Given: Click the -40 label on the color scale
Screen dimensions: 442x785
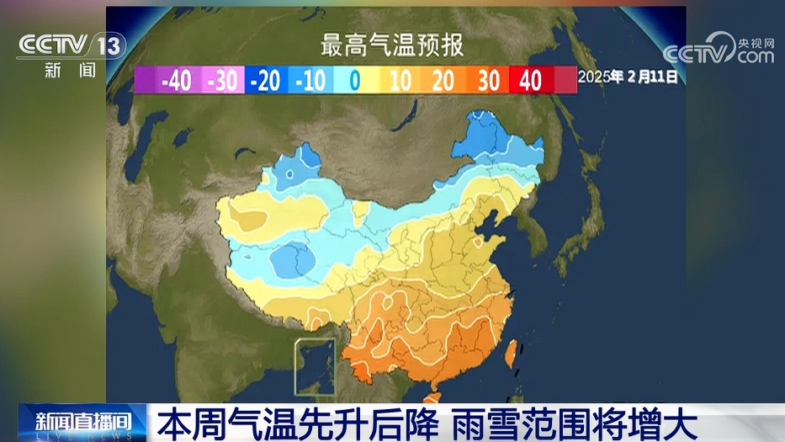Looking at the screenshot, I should click(x=177, y=81).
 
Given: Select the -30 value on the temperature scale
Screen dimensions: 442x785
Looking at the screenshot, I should click(x=222, y=81).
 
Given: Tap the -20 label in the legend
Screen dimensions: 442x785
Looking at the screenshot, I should click(x=265, y=81).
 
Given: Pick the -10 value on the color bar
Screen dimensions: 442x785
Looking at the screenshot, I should click(x=310, y=81).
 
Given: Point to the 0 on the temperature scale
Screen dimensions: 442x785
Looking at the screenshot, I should click(x=354, y=81).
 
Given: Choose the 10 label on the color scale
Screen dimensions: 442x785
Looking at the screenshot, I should click(x=400, y=81).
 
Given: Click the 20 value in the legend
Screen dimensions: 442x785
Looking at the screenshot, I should click(x=443, y=81).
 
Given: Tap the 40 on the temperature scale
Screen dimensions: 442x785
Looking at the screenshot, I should click(x=531, y=81).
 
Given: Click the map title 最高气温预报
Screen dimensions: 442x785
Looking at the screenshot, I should click(x=392, y=45).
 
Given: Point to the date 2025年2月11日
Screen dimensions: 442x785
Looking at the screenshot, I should click(x=629, y=77).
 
